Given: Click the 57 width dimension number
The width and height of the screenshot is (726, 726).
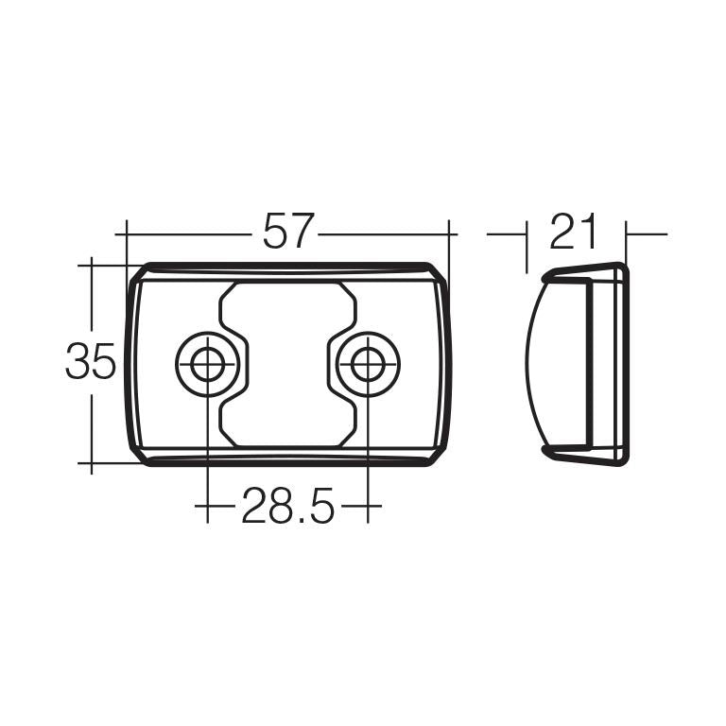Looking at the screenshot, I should tap(288, 232).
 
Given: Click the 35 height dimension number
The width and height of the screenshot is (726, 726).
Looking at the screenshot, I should tap(91, 361).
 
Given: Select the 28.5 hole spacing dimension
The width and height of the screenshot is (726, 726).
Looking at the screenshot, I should tap(287, 508).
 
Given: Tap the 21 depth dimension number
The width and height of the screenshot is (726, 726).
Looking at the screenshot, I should tap(575, 232).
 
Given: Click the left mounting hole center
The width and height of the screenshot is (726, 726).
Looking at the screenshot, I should tap(206, 363).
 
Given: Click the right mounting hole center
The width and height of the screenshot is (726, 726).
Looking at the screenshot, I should tap(368, 363).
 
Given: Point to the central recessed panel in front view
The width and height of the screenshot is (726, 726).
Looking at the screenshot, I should tap(287, 364).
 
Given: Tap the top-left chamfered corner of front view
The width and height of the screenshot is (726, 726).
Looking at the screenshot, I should tap(138, 273).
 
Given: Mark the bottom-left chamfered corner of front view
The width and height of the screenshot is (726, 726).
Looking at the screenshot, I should tap(138, 455).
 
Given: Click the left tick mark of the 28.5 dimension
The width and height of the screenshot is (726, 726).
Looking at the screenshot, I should tap(206, 508).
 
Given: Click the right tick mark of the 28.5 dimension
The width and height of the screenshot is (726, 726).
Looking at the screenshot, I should tap(368, 508).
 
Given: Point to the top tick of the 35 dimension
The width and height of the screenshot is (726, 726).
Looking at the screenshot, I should tap(92, 265).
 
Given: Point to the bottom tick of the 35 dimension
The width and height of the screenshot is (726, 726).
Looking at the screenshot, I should tap(92, 464).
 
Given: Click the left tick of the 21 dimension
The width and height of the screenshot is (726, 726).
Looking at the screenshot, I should tap(527, 233).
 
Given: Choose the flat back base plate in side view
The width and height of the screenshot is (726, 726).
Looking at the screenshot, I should tap(620, 364).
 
